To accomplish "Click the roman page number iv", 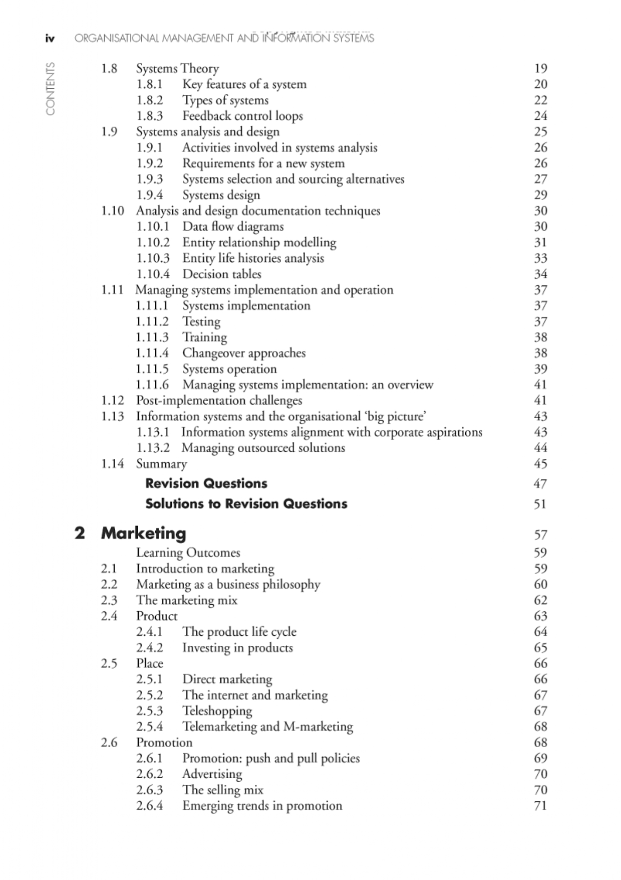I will pyautogui.click(x=50, y=39).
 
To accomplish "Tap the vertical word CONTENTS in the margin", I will pyautogui.click(x=50, y=89).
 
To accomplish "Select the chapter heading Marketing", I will pyautogui.click(x=143, y=533).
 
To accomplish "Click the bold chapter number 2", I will pyautogui.click(x=80, y=533).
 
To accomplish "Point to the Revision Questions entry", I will pyautogui.click(x=206, y=483).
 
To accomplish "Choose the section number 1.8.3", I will pyautogui.click(x=150, y=116).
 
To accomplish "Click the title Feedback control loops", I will pyautogui.click(x=242, y=116).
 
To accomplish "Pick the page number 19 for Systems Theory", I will pyautogui.click(x=540, y=68).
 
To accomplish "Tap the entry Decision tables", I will pyautogui.click(x=221, y=274).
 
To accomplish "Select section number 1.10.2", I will pyautogui.click(x=153, y=243).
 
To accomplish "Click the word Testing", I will pyautogui.click(x=201, y=321).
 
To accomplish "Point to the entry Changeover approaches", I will pyautogui.click(x=243, y=353).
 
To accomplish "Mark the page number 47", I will pyautogui.click(x=540, y=484).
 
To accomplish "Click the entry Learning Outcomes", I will pyautogui.click(x=188, y=553).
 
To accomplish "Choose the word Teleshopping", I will pyautogui.click(x=217, y=711).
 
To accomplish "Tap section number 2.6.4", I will pyautogui.click(x=150, y=806).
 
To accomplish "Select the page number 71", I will pyautogui.click(x=540, y=806).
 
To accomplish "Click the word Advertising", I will pyautogui.click(x=212, y=774).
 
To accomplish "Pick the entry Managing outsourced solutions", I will pyautogui.click(x=263, y=448).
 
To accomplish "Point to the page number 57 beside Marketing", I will pyautogui.click(x=540, y=535).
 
